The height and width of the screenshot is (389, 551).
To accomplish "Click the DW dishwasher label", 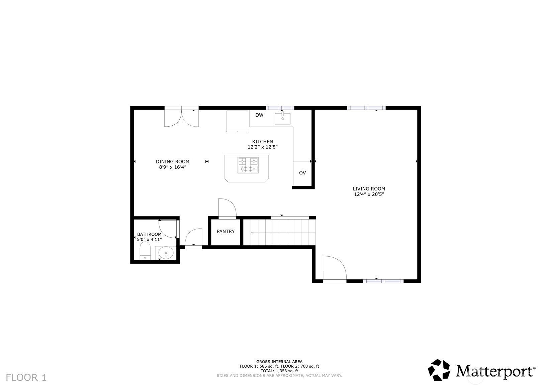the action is click(x=259, y=115).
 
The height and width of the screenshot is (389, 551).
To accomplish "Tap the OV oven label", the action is click(x=302, y=173).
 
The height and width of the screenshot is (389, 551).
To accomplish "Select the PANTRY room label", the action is click(x=225, y=231).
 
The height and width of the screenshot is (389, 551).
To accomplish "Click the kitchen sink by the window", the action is click(x=282, y=118).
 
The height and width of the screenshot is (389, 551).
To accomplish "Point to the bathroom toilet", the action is click(x=145, y=251).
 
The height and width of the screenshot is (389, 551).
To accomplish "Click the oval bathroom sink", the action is click(x=166, y=253).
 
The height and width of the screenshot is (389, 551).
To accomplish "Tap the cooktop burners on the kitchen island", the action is click(x=248, y=165).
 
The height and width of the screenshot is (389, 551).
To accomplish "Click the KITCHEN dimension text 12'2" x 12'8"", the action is click(x=263, y=147).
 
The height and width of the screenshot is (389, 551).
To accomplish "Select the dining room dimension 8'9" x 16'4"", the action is click(x=172, y=167).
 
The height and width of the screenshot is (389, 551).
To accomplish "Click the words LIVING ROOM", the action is click(x=369, y=189).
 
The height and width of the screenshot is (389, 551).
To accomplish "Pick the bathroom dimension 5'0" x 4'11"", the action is click(x=149, y=239).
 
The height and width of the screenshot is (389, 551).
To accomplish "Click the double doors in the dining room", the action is click(x=182, y=117).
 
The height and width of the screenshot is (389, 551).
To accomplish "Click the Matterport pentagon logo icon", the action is click(x=439, y=370).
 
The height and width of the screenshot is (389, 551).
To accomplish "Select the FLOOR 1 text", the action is click(x=26, y=377).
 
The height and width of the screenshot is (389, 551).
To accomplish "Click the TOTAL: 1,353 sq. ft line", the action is click(x=279, y=371).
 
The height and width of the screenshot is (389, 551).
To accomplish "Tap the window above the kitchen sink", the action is click(x=280, y=108).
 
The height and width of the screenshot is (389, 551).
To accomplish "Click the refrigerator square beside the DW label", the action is click(x=238, y=121).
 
